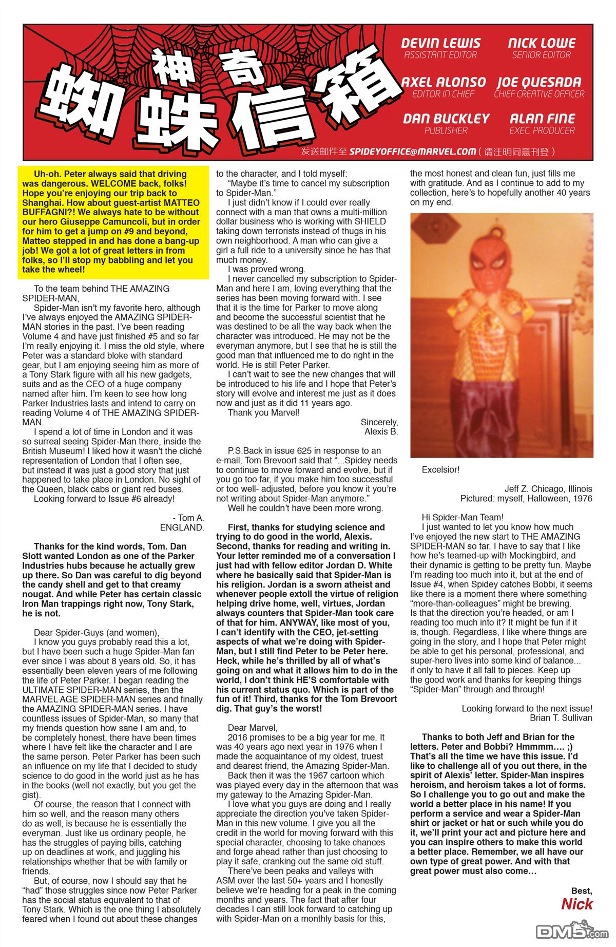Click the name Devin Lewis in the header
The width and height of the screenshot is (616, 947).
point(440,43)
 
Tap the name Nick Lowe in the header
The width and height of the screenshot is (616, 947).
point(542,43)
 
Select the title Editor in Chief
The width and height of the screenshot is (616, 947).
point(443,94)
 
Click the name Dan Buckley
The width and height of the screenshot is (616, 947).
point(446,119)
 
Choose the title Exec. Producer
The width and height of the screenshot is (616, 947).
point(542,130)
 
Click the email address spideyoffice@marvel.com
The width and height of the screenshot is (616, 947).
point(412,151)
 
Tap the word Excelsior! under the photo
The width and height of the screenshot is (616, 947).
point(440,469)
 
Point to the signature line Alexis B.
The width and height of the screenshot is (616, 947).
point(381,431)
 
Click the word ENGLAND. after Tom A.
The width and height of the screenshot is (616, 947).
point(182,527)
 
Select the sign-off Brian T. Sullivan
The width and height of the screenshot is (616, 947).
point(561,718)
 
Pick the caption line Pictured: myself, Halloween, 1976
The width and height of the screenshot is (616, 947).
point(526,499)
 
